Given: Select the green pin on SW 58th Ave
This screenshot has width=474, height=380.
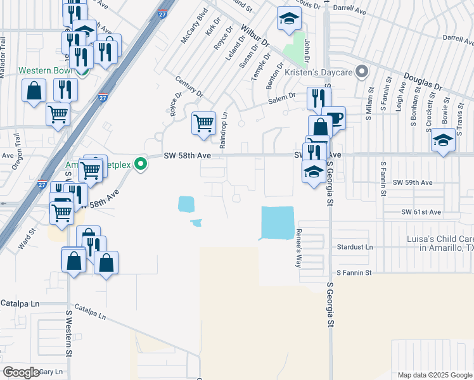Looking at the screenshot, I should (x=143, y=166).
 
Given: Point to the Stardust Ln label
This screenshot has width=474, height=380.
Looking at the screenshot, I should (x=355, y=246).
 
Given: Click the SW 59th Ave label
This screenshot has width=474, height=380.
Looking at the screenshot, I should (x=413, y=182).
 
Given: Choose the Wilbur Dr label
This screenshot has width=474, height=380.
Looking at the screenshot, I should (x=255, y=37).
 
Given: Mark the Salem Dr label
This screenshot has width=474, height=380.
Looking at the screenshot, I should (x=283, y=96).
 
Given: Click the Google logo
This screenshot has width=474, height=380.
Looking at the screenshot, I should (x=22, y=372).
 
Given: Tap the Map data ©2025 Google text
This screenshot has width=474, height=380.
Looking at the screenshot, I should (x=434, y=375).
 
